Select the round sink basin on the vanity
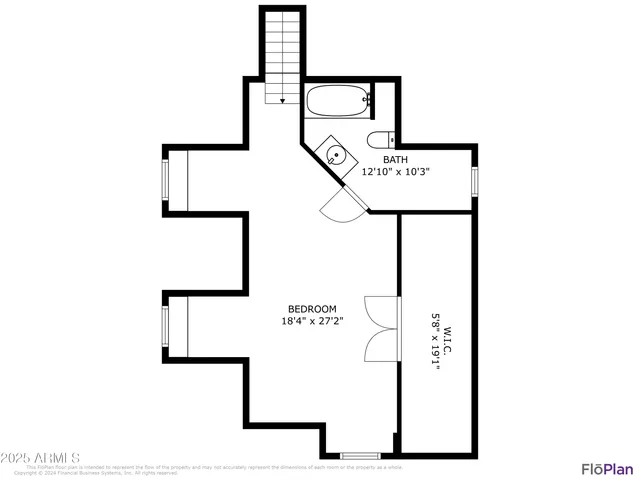pyautogui.click(x=336, y=155)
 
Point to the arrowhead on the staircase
pyautogui.click(x=282, y=100)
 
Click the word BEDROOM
pyautogui.click(x=312, y=309)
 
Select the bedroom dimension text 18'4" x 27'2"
pyautogui.click(x=312, y=321)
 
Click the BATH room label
pyautogui.click(x=395, y=159)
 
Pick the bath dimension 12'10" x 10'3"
pyautogui.click(x=395, y=171)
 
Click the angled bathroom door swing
pyautogui.click(x=336, y=207)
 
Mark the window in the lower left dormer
pyautogui.click(x=167, y=326)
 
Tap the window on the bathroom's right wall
pyautogui.click(x=476, y=180)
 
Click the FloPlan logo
pyautogui.click(x=607, y=468)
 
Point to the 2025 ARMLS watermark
pyautogui.click(x=40, y=459)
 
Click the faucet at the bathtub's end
pyautogui.click(x=368, y=100)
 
